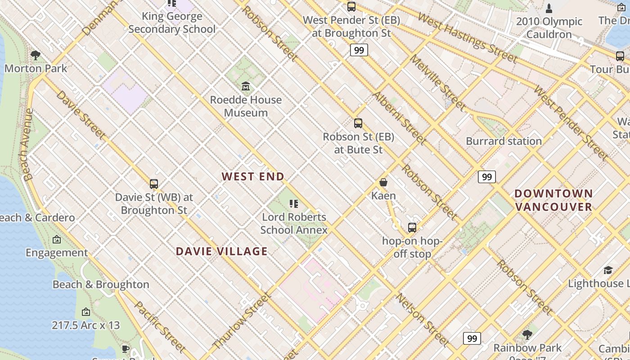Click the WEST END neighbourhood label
point(253,176)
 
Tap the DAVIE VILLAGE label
point(221,251)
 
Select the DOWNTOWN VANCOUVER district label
point(553,200)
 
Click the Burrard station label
point(504,141)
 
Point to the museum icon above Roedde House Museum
point(246,86)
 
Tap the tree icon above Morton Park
point(36,55)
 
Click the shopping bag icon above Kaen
point(383,182)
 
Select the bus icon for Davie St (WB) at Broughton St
point(154,184)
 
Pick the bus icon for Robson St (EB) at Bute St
point(358,123)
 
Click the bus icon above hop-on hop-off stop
point(412,227)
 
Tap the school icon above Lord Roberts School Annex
point(294,204)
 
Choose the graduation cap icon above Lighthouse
point(608,270)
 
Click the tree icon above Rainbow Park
point(527,334)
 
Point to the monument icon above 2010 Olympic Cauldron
point(549,8)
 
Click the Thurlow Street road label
point(241,320)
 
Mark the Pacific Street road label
point(160,327)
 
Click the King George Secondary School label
point(172,22)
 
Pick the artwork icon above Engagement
point(57,239)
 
